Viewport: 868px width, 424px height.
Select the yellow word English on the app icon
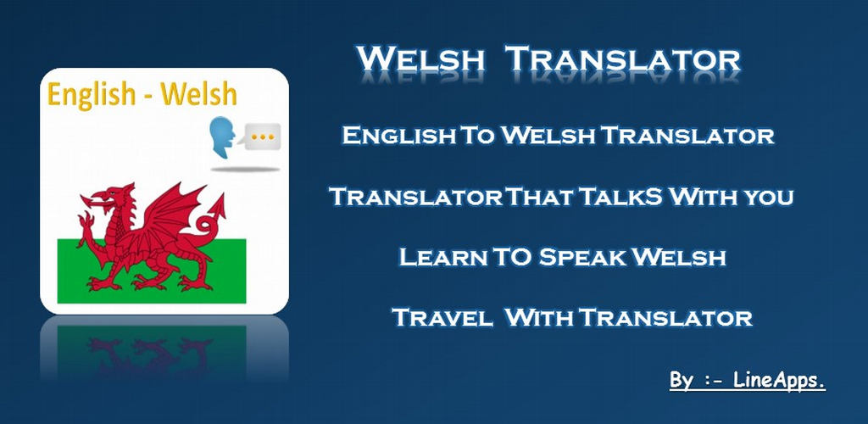[x=92, y=94]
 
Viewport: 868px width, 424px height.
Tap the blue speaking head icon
[x=222, y=137]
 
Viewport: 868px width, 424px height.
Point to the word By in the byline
[x=681, y=381]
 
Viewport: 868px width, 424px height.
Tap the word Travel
[x=442, y=319]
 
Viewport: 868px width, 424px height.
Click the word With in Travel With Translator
[x=538, y=319]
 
